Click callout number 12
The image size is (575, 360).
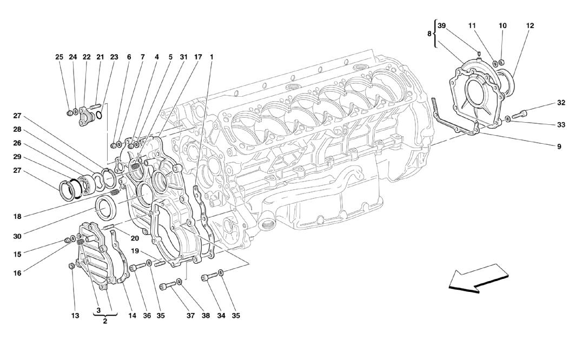[x=530, y=25]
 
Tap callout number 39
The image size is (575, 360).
[x=441, y=25]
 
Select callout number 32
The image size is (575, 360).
[x=561, y=103]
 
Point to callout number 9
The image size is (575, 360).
[x=559, y=146]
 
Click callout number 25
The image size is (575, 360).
[x=59, y=57]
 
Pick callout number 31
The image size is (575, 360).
[x=183, y=57]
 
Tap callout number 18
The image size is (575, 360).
[x=18, y=217]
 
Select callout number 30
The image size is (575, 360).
[x=18, y=236]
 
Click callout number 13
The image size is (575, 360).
[x=75, y=316]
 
